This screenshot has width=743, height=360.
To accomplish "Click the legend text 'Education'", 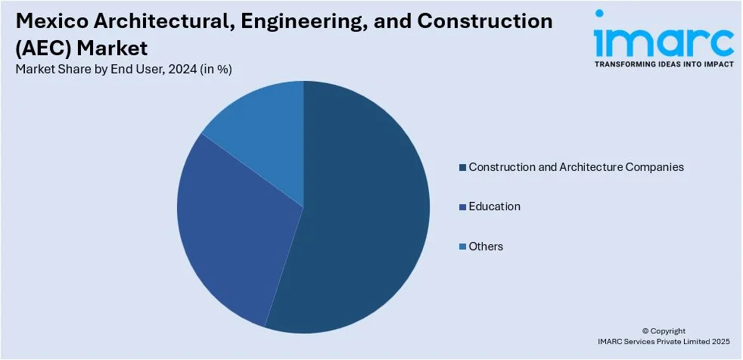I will pos(494,206).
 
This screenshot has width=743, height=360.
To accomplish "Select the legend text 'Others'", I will pos(486,247).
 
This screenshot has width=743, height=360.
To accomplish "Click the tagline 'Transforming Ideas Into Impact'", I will pos(663,65).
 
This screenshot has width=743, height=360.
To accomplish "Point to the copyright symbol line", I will pos(664,331).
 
